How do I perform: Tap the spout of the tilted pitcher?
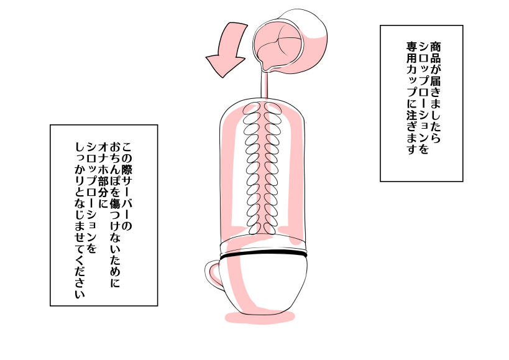264,65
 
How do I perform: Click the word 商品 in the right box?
434,50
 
